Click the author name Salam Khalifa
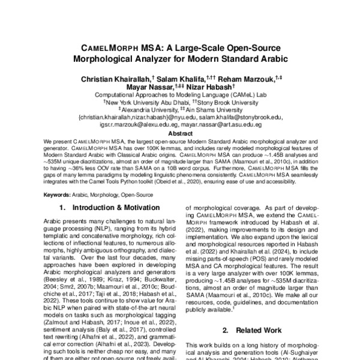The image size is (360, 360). (x=181, y=79)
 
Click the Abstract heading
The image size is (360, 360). (x=181, y=134)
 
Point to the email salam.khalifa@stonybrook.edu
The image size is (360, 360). (x=237, y=118)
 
